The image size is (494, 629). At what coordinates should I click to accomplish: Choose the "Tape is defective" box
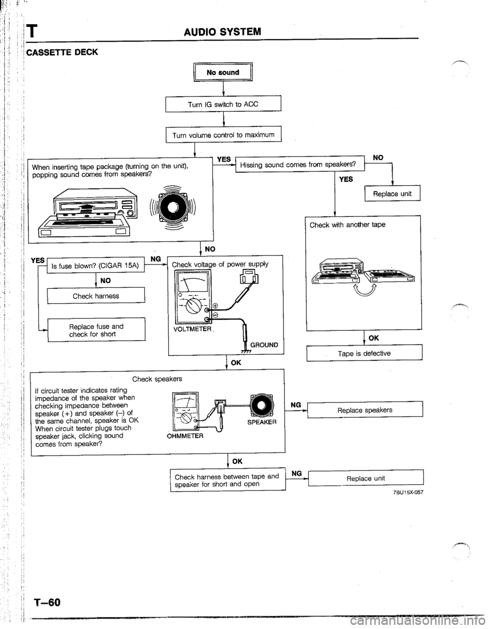(364, 353)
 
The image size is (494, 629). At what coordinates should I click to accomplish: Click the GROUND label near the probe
(264, 346)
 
